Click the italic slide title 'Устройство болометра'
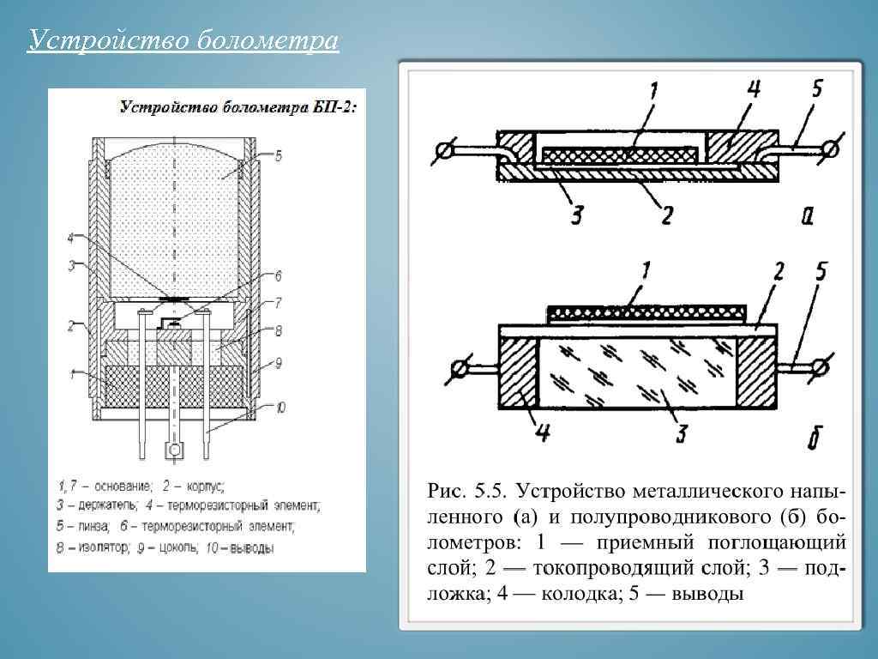pos(183,40)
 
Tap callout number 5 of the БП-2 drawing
pos(278,155)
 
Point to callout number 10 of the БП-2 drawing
pos(280,406)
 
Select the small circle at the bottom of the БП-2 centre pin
pos(175,450)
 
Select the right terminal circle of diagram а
pos(828,152)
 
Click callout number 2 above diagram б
pos(777,273)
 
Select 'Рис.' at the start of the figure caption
pos(446,493)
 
